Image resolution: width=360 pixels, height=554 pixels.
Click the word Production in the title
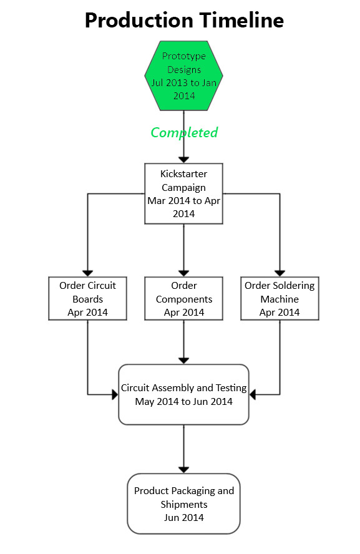click(x=139, y=21)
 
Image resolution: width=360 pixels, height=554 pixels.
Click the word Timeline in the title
click(x=241, y=20)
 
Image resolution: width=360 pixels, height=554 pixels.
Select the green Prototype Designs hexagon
click(x=183, y=75)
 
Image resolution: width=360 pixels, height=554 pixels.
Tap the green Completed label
click(x=184, y=132)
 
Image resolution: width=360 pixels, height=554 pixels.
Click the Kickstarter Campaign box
click(x=183, y=193)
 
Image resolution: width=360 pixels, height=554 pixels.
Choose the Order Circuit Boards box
click(x=87, y=299)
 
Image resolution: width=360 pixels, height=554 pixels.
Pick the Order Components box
click(x=183, y=299)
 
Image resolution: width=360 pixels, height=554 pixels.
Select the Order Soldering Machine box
click(x=280, y=299)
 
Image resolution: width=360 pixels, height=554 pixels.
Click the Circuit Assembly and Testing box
click(x=183, y=395)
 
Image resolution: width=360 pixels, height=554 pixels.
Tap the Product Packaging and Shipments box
click(x=183, y=504)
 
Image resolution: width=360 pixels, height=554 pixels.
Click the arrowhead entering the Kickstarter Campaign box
click(x=183, y=160)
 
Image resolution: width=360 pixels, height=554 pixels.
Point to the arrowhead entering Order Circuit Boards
click(x=87, y=273)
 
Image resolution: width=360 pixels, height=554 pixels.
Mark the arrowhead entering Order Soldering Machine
click(x=280, y=273)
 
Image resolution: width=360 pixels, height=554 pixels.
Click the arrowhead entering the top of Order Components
click(x=183, y=273)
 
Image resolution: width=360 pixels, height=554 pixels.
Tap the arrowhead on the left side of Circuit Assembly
click(x=115, y=395)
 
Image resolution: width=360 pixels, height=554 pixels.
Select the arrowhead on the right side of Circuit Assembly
click(x=252, y=395)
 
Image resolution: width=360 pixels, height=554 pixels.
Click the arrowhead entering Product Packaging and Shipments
click(x=183, y=470)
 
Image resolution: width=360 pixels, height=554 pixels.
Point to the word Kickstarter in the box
click(x=183, y=174)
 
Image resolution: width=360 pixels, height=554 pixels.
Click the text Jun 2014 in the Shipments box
click(x=183, y=518)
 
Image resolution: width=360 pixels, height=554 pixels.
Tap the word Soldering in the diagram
click(x=292, y=286)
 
